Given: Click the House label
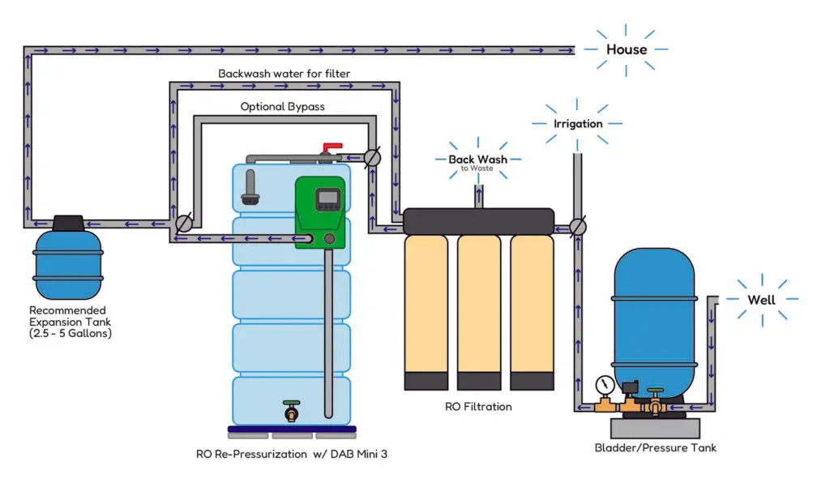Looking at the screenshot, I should [x=627, y=49].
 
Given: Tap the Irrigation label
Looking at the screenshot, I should [x=577, y=124].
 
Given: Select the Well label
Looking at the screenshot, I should [x=761, y=300].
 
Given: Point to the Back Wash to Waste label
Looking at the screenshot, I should [x=477, y=161].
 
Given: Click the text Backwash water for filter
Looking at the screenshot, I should [x=284, y=74].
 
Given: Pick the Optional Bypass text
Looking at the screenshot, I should [x=278, y=107].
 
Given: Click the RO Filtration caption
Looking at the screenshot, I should [x=477, y=406].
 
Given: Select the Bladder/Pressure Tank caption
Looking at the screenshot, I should [x=656, y=447].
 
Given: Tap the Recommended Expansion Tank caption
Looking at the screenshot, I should [x=67, y=322].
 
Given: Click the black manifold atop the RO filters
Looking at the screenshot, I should [x=478, y=220].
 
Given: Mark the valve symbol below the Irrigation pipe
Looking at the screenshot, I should [x=577, y=226].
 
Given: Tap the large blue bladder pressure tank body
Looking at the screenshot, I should [x=654, y=316].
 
